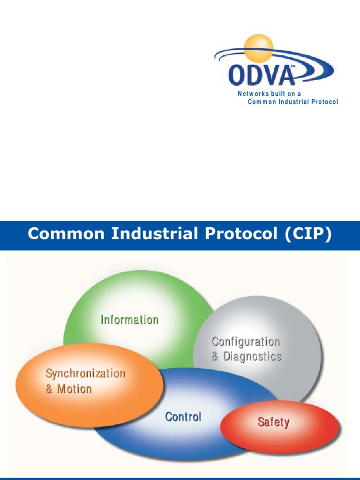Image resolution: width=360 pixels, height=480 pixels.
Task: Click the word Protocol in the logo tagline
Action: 322,102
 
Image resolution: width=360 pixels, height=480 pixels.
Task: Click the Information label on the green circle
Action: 129,320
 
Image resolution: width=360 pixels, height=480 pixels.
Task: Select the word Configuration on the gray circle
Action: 246,342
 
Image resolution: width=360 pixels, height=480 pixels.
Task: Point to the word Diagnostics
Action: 252,357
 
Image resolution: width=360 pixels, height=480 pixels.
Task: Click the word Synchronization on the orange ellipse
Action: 85,374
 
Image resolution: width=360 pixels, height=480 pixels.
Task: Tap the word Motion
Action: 75,389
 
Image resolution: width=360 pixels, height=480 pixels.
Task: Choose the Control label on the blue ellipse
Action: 183,417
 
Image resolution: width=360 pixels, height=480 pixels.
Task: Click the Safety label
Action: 273,422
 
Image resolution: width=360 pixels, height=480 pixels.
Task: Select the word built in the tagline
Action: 278,94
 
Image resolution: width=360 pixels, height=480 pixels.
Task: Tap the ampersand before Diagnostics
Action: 215,357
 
